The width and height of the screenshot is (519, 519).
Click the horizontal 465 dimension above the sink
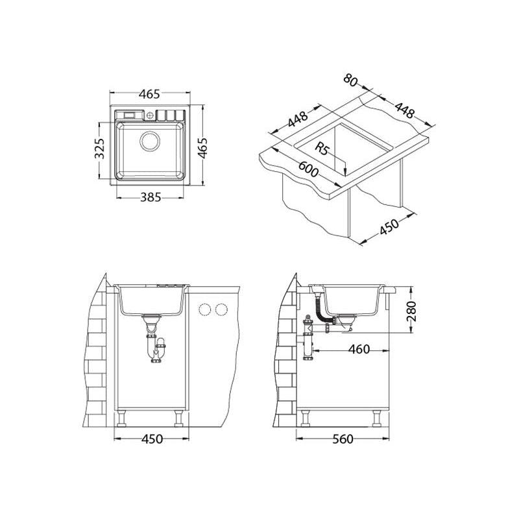tap(149, 94)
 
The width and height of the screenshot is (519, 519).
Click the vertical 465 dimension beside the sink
tap(202, 148)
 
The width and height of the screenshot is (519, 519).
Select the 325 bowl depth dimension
tap(100, 149)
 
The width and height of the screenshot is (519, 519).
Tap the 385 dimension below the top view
tap(151, 198)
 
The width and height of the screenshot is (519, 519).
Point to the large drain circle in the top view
tap(151, 141)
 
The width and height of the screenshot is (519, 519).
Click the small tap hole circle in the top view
tap(150, 115)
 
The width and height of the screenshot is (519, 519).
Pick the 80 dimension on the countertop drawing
tap(350, 80)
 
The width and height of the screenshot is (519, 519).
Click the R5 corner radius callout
tap(320, 149)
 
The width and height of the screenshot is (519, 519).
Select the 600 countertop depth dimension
tap(309, 169)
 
